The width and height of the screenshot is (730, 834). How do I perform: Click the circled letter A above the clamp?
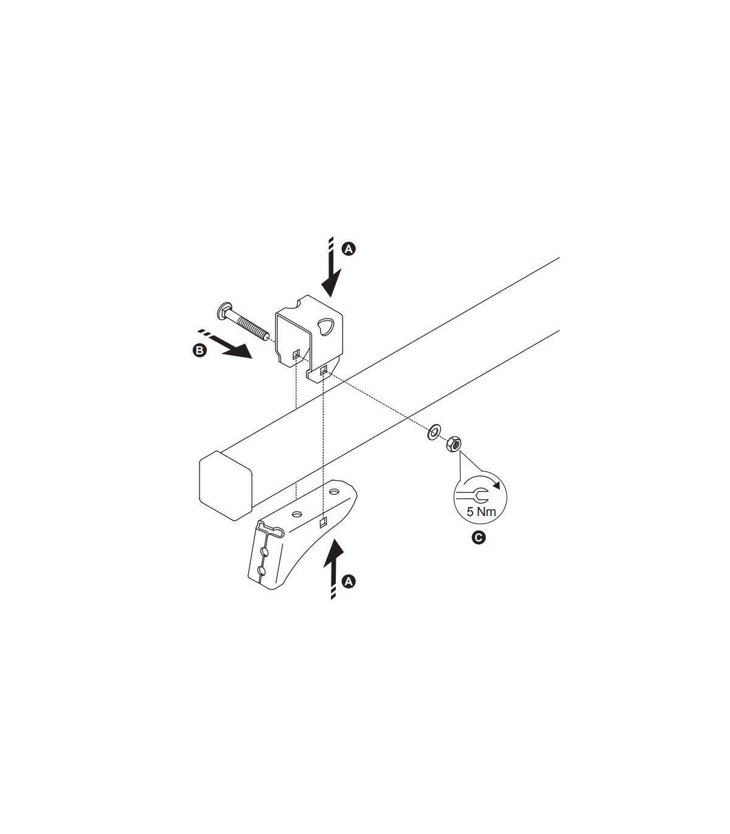(348, 249)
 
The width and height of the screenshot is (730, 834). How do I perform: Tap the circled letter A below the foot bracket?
(348, 581)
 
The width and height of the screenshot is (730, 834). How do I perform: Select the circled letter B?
(200, 351)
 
